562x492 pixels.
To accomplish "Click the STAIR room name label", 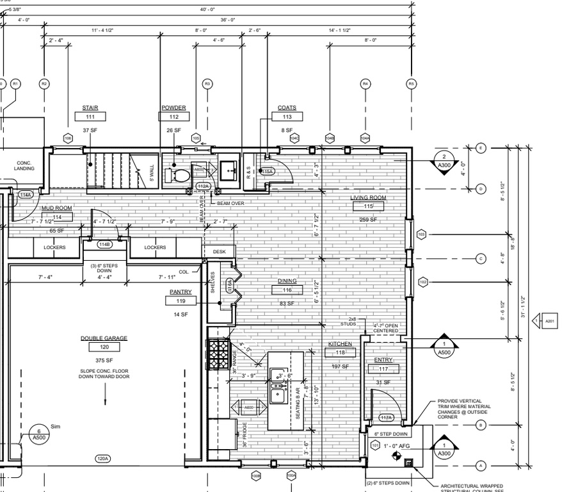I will click(x=90, y=108).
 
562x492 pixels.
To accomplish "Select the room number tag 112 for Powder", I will click(x=173, y=117).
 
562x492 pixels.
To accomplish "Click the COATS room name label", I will click(x=287, y=108).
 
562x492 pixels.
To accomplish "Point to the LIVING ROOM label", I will click(x=368, y=198).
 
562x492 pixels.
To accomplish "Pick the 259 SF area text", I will click(x=368, y=219).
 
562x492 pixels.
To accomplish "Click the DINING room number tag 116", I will click(x=287, y=290).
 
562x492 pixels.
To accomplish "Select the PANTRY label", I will click(x=181, y=291).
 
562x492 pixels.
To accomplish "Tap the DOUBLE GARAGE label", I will click(x=104, y=338).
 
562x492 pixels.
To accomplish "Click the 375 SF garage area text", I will click(x=104, y=359).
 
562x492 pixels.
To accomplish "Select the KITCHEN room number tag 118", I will click(x=340, y=353).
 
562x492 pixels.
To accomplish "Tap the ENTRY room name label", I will click(x=383, y=360).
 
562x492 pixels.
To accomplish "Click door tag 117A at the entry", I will click(x=385, y=418).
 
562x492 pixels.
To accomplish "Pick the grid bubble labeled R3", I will click(x=207, y=83).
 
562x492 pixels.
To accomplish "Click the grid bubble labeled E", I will click(x=481, y=148).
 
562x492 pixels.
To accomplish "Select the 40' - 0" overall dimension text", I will click(x=207, y=9).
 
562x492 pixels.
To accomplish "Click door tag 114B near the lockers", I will click(x=104, y=244).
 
